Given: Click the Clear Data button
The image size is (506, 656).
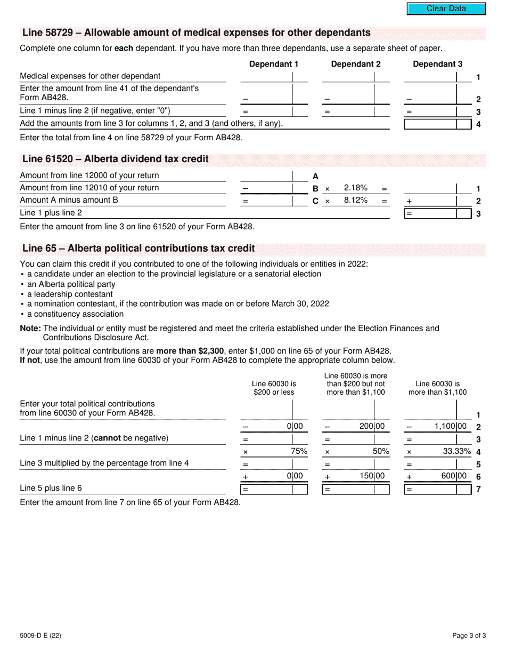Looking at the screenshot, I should pos(446,9).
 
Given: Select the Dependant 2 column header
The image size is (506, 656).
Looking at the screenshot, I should pos(356,64).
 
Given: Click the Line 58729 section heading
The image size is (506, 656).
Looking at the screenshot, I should pos(196,33).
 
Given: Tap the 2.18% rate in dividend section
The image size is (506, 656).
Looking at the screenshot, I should pos(355,188).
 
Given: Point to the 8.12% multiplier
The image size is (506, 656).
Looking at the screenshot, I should pos(355,201).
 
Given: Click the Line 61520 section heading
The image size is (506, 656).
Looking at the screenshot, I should pos(115,159).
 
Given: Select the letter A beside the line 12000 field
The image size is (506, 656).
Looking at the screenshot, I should pos(315,176).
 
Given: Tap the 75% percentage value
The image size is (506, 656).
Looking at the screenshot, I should pos(299,451).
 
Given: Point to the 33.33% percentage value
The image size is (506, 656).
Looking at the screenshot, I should pos(457,451).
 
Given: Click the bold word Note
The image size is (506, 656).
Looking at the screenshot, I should pos(30,329).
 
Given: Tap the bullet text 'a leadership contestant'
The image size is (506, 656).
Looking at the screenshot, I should pos(70,294).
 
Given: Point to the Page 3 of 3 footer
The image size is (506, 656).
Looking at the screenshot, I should pos(469,635).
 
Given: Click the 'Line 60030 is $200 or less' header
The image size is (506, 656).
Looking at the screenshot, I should pos(274,388).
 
